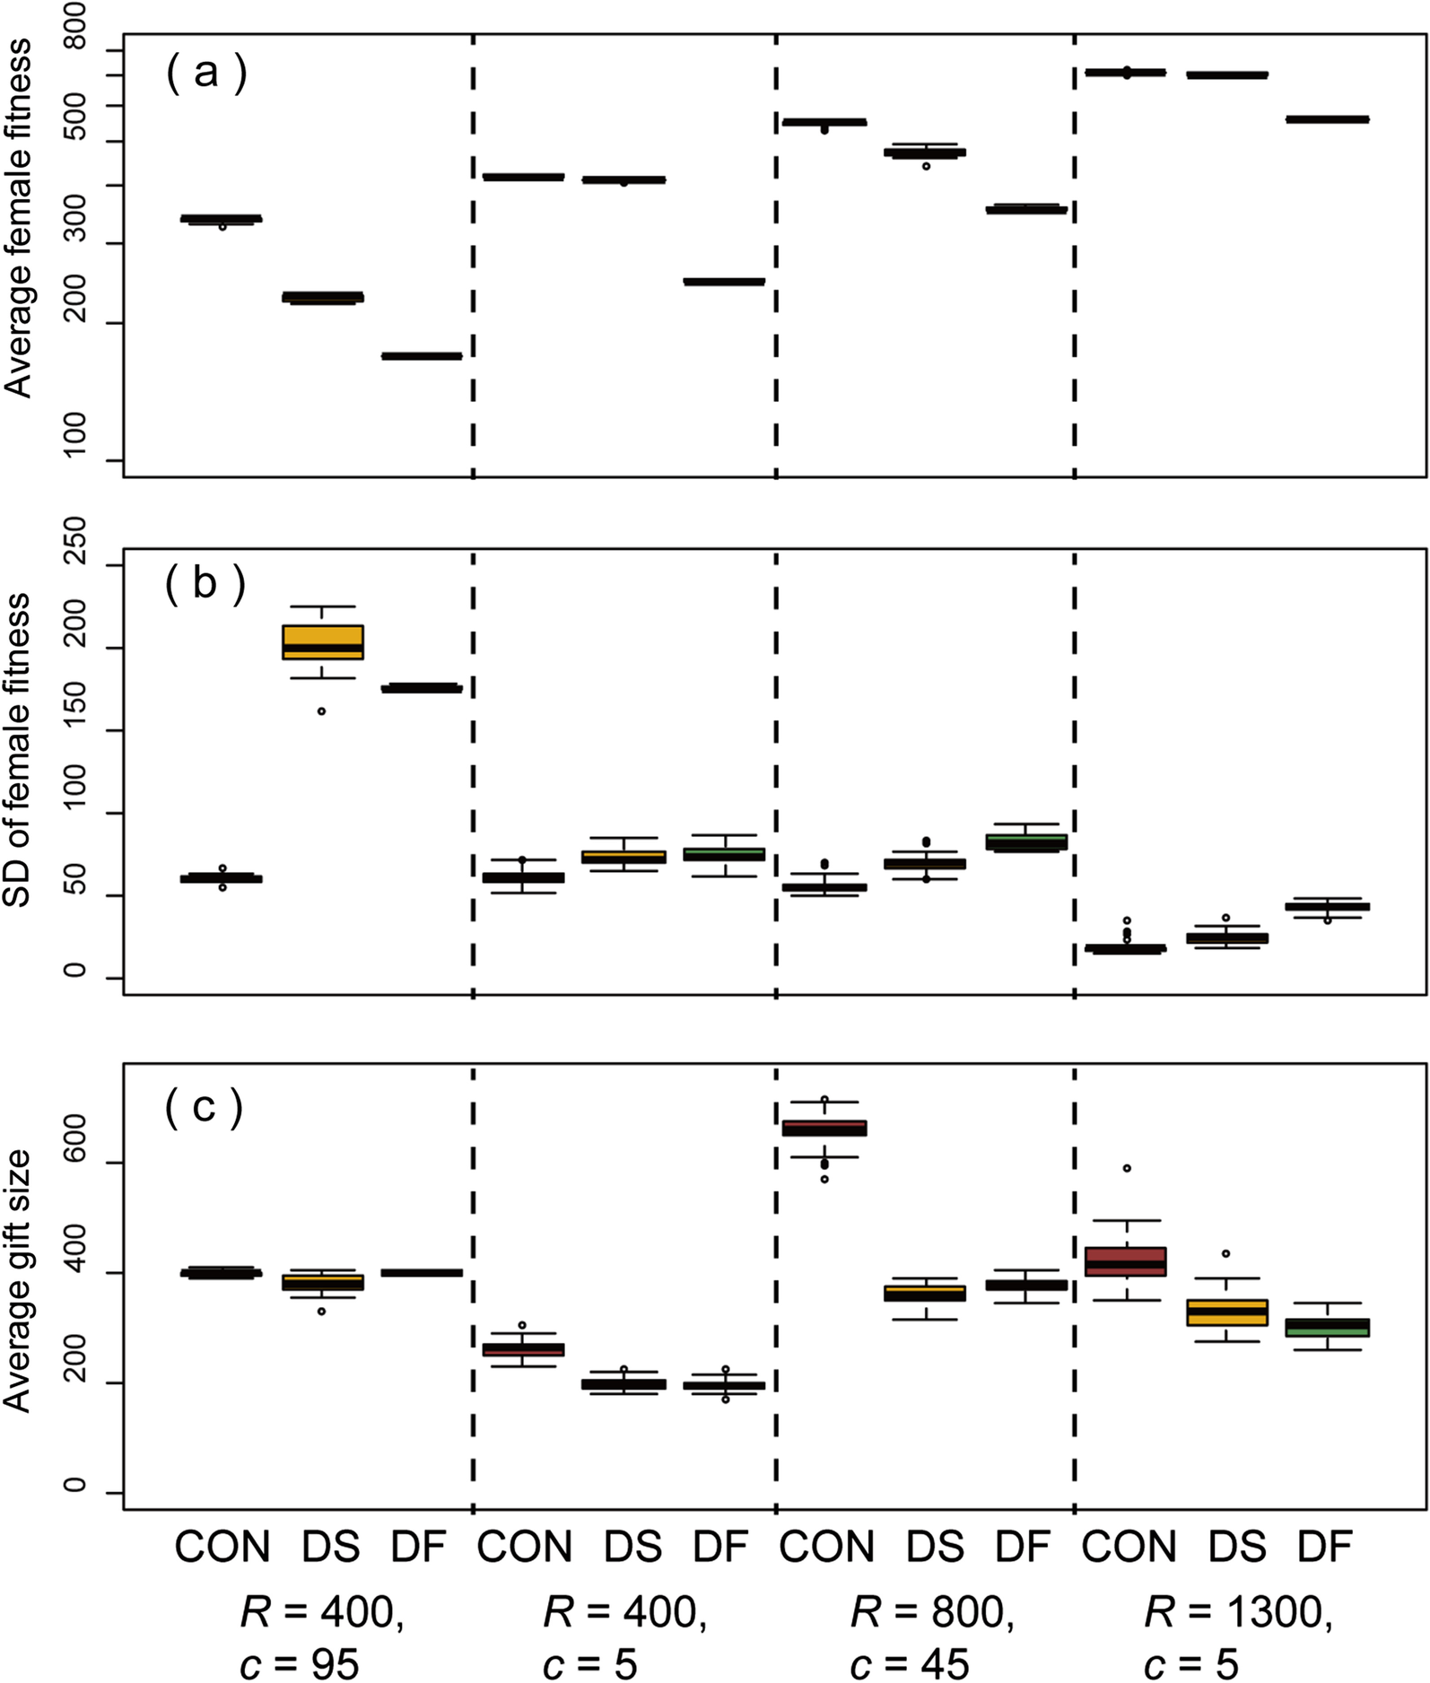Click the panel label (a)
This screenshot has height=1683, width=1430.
[205, 73]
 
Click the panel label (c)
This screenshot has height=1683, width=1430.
[204, 1107]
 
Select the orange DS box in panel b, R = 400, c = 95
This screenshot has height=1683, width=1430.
[322, 641]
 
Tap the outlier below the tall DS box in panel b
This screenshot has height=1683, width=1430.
[321, 711]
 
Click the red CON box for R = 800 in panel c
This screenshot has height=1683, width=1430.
[824, 1128]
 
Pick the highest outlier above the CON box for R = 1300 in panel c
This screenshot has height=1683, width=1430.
[1127, 1168]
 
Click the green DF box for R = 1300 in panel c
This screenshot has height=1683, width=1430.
[1327, 1327]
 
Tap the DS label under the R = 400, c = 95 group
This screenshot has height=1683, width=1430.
[330, 1547]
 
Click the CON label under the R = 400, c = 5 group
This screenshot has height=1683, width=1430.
[524, 1547]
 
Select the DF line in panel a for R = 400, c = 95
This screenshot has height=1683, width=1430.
[422, 356]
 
